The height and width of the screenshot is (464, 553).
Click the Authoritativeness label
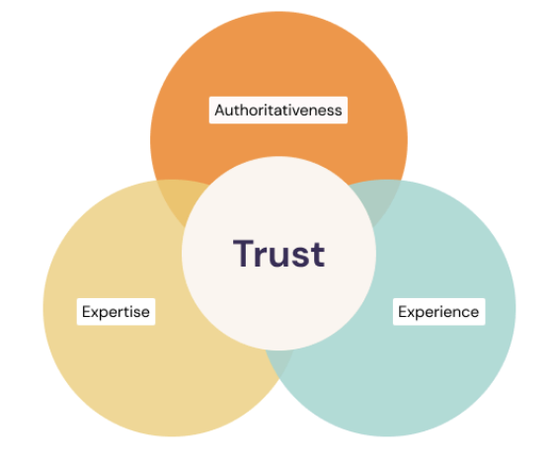(x=278, y=110)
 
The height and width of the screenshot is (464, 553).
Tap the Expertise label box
(x=117, y=312)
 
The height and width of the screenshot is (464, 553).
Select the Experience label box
(x=439, y=312)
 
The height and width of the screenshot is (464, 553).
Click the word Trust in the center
(x=278, y=254)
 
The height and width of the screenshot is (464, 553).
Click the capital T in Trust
(x=244, y=253)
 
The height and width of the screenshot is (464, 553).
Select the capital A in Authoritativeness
(x=220, y=111)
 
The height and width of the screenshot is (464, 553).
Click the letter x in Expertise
(x=95, y=313)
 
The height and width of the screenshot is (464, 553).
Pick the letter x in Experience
(x=411, y=313)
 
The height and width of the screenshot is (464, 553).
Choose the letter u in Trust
(x=279, y=257)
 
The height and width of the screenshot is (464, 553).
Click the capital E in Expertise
(x=87, y=312)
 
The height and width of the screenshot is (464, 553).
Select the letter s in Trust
(x=300, y=257)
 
